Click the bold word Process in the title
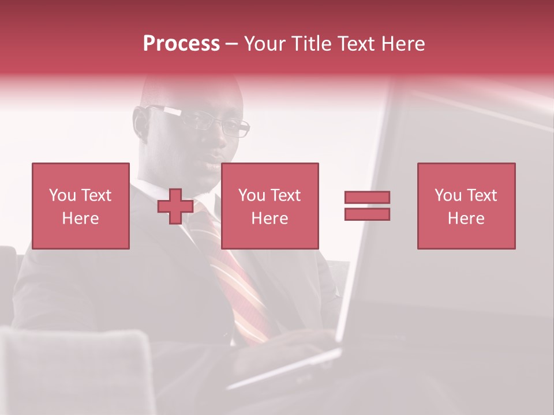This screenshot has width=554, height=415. [181, 44]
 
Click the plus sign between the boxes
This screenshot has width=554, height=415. [175, 206]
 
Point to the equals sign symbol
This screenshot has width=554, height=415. [367, 206]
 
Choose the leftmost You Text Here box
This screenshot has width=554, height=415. [81, 206]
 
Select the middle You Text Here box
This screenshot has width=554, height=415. [269, 206]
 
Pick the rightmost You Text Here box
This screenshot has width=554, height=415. [466, 206]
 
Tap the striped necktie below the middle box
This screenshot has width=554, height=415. [242, 288]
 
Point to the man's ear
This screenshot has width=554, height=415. [141, 124]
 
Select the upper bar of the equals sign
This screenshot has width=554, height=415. [367, 197]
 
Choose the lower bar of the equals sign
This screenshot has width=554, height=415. [367, 214]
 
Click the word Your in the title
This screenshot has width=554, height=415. [263, 44]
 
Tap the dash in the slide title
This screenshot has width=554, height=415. [232, 44]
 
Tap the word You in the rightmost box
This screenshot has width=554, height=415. [448, 195]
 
